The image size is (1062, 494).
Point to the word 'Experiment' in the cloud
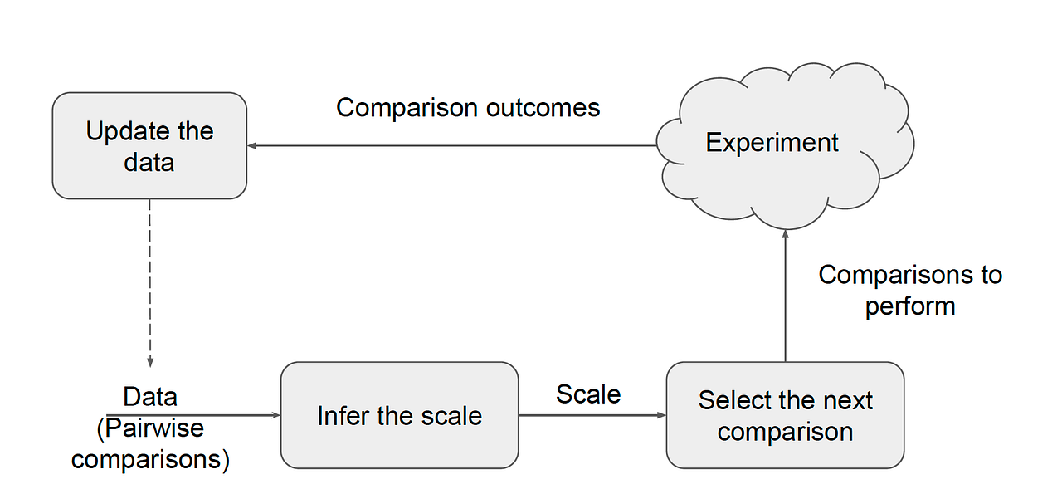coord(772,142)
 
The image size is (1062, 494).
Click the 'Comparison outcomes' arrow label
coord(468,108)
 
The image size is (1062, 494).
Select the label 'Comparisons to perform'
coord(910,290)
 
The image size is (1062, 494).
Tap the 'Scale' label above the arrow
coord(588,394)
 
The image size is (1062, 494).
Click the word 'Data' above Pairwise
coord(150,396)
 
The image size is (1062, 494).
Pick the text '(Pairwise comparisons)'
coord(150,444)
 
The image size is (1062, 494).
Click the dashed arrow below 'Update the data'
coord(149,282)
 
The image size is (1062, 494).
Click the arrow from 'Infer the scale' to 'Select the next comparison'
coord(592,415)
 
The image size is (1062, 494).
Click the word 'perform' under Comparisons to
coord(910,306)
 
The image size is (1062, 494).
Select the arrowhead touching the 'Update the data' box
coord(252,146)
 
